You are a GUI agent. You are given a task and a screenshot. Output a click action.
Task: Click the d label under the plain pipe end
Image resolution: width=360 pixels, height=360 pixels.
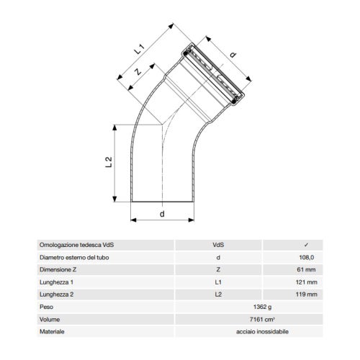point(161,214)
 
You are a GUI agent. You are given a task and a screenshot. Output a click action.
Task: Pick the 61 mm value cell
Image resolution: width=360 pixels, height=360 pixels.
point(308,270)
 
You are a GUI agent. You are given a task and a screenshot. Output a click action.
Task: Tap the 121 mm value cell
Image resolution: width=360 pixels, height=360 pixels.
point(307,282)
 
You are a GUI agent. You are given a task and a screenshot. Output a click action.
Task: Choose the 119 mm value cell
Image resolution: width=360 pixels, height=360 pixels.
point(307,294)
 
